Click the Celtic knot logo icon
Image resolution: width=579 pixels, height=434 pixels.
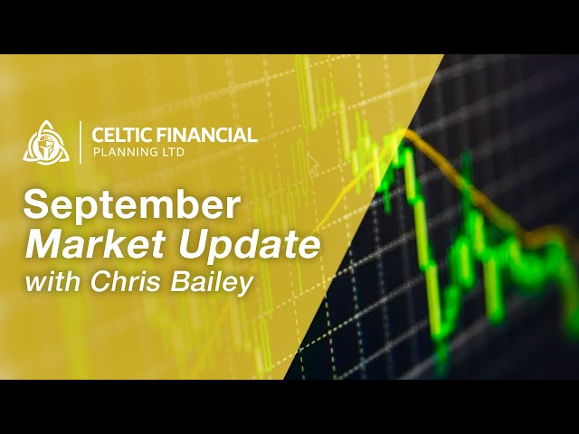pos(45,142)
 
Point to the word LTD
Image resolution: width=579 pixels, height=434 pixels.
pos(172,154)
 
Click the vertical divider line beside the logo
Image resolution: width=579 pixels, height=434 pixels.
pos(80,142)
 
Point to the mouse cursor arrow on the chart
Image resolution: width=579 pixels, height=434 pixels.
pos(313,165)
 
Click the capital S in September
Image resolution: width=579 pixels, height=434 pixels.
pos(36,204)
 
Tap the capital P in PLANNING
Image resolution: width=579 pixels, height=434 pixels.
pos(97,154)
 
